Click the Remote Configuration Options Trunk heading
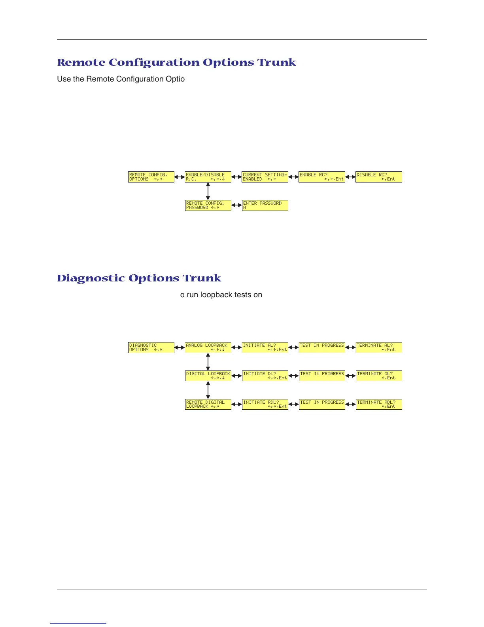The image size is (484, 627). (176, 63)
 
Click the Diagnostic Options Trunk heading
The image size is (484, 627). (139, 278)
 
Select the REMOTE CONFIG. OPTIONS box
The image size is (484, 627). (151, 177)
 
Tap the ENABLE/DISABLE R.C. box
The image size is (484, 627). (208, 177)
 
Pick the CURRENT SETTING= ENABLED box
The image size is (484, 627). (265, 177)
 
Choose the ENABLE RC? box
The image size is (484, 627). (322, 177)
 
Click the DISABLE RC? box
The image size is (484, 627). (379, 177)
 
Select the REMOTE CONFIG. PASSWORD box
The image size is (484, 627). (208, 205)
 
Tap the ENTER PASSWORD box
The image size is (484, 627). (265, 205)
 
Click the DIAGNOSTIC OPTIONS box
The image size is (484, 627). (151, 348)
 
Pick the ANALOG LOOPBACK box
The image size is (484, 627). (208, 348)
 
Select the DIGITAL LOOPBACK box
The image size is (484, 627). (208, 376)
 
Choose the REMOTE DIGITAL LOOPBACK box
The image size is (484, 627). (208, 404)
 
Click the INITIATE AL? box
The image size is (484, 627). (265, 348)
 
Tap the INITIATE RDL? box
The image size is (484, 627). (265, 404)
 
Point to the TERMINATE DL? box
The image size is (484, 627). (379, 376)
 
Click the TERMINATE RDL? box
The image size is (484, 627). (379, 404)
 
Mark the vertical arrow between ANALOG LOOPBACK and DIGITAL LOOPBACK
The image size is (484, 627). (208, 362)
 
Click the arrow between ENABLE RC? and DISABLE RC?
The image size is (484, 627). (350, 177)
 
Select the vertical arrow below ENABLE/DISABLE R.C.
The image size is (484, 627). (208, 191)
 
